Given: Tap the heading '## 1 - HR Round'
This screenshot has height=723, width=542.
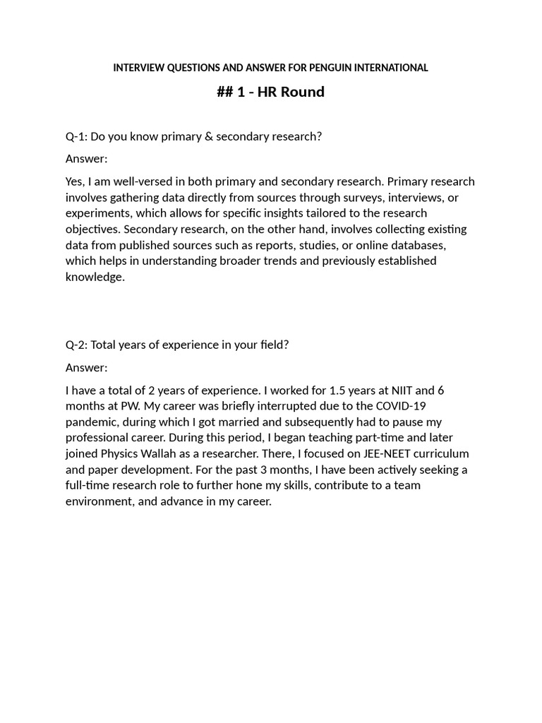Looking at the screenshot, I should coord(271,92).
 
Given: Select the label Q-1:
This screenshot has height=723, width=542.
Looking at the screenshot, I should coord(77,136).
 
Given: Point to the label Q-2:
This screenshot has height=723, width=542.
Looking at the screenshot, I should coord(77,345).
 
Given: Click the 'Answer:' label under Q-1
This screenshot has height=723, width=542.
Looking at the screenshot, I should coord(87,159).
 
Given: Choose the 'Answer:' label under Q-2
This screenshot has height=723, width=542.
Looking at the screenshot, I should coord(87,367).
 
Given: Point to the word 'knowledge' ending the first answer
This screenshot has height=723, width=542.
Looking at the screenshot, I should coord(94,277).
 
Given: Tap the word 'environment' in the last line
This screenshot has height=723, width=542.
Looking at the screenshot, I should coord(97,501).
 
